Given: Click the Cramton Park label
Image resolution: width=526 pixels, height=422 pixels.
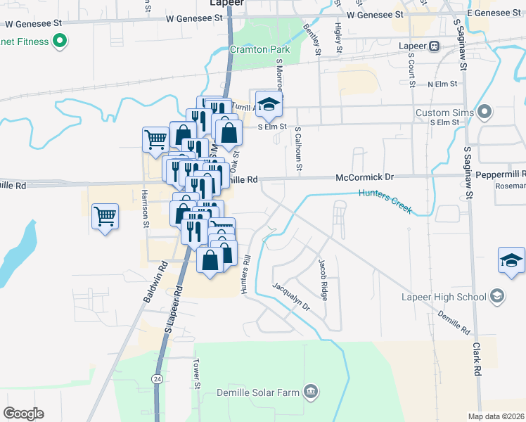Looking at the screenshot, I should point(260,50).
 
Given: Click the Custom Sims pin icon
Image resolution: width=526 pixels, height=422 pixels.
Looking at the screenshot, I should point(485,113).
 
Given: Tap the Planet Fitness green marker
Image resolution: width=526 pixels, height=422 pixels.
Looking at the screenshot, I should point(60,41).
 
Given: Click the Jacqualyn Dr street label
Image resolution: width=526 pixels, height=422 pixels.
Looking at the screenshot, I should point(291,296).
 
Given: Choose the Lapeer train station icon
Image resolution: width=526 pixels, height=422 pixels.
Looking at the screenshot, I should point(435,46).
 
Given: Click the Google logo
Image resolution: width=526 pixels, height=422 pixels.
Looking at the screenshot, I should point(23,414).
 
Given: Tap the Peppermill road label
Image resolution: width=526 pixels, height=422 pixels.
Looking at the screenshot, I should point(501,173).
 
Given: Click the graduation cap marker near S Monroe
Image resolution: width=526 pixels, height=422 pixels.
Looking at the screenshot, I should point(267,105).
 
